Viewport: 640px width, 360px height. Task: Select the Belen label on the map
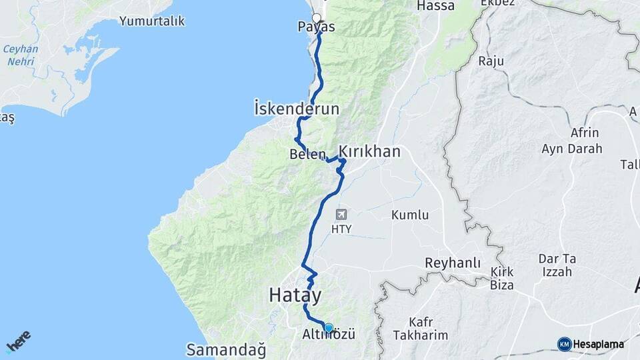[x=307, y=155]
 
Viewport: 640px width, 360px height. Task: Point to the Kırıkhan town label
[x=370, y=152]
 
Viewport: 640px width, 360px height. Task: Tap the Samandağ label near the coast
[x=226, y=349]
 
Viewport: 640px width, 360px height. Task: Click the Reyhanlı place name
[x=453, y=263]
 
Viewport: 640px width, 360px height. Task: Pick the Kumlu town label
[x=409, y=215]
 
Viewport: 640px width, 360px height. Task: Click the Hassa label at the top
[x=435, y=6]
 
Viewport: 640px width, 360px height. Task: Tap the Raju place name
[x=491, y=61]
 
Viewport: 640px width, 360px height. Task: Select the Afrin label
[x=585, y=133]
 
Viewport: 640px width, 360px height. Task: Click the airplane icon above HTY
[x=342, y=215]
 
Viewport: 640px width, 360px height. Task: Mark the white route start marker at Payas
[x=317, y=19]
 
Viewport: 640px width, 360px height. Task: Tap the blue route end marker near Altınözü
[x=328, y=327]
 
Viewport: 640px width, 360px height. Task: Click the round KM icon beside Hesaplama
[x=564, y=344]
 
